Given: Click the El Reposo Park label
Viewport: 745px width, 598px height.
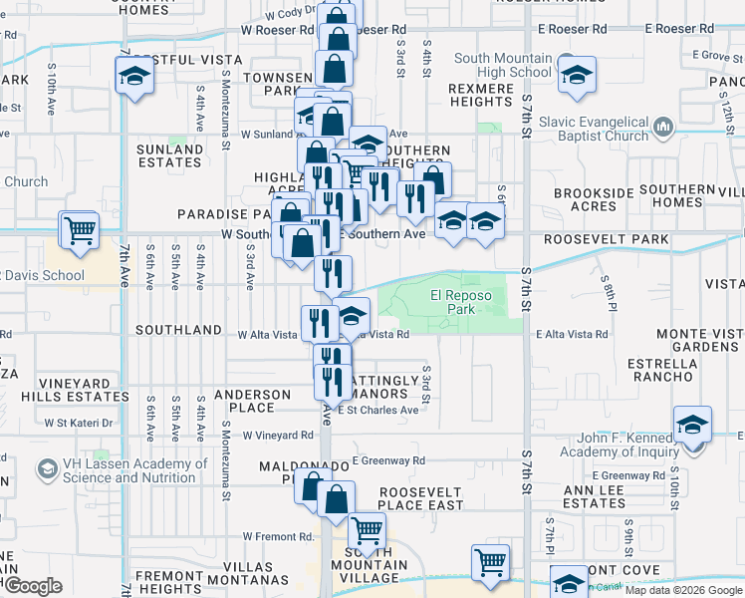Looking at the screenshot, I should pyautogui.click(x=462, y=302).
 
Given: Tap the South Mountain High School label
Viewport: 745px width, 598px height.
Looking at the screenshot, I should pyautogui.click(x=502, y=65).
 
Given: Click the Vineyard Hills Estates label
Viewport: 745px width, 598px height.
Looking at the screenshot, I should pyautogui.click(x=81, y=389).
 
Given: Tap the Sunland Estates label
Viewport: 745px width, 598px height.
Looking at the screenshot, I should pyautogui.click(x=169, y=155).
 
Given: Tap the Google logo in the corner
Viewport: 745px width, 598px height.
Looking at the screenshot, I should pyautogui.click(x=32, y=586).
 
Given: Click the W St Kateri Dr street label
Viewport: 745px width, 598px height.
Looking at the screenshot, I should pyautogui.click(x=80, y=423).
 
